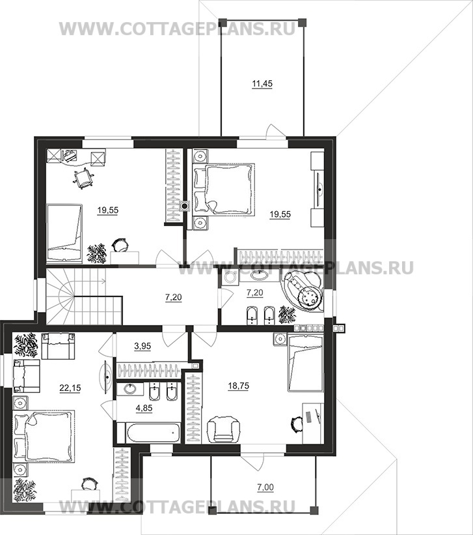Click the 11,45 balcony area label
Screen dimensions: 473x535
tap(262, 83)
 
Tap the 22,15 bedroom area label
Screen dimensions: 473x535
tap(70, 388)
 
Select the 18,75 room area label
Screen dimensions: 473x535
tap(239, 386)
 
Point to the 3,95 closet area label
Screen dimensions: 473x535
tap(142, 346)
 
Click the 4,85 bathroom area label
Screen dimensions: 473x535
tap(144, 408)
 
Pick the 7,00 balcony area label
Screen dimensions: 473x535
tap(265, 487)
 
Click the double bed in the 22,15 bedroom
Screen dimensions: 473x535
tap(44, 436)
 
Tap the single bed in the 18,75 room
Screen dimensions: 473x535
tap(305, 363)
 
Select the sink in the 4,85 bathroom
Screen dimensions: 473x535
tap(130, 388)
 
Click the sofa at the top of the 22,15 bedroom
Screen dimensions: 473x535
tap(58, 346)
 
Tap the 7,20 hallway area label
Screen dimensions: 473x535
tap(174, 297)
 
